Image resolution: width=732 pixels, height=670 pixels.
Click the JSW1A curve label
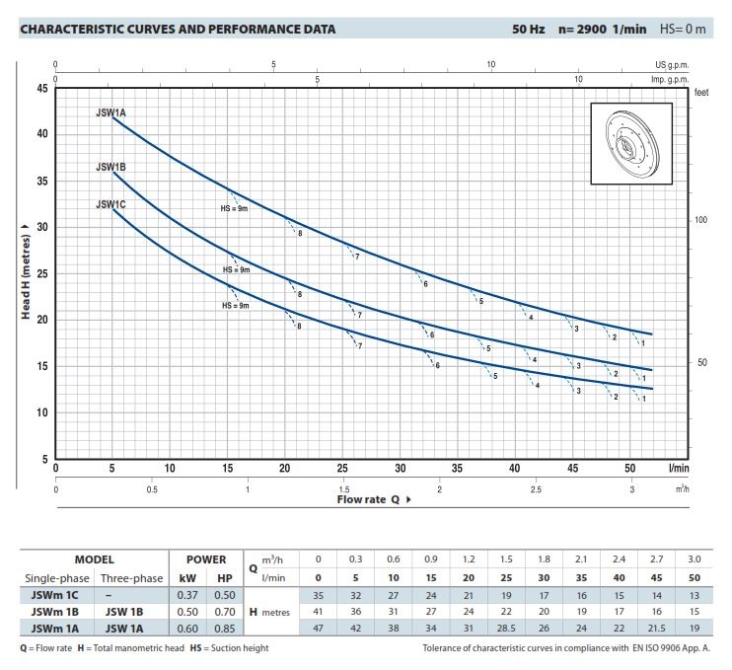pos(110,113)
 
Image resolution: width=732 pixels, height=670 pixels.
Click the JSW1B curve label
pos(110,168)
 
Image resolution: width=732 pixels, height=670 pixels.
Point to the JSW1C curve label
pos(110,204)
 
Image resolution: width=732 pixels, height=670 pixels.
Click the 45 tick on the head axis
pos(42,89)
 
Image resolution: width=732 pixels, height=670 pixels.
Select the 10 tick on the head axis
pos(42,412)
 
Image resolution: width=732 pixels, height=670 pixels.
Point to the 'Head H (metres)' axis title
pos(27,274)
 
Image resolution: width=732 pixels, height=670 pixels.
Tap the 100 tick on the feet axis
pos(701,219)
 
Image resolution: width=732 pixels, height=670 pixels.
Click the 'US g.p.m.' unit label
pos(668,65)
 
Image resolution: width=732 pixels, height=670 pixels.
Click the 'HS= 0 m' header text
pos(683,29)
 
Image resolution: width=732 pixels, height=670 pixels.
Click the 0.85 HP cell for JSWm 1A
pos(225,629)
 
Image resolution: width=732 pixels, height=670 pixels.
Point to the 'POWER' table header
pos(206,558)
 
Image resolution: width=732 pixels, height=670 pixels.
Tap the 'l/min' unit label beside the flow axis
pos(678,469)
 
